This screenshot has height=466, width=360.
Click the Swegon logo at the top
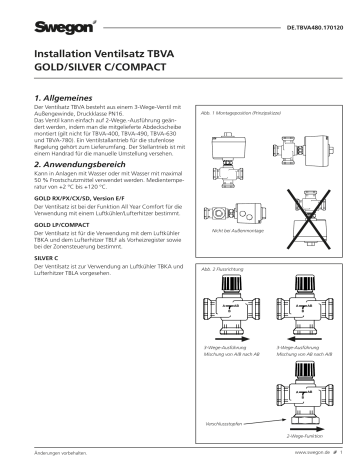(59, 16)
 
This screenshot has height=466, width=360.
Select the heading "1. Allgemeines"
(68, 96)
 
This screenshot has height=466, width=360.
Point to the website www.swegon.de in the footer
(311, 454)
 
